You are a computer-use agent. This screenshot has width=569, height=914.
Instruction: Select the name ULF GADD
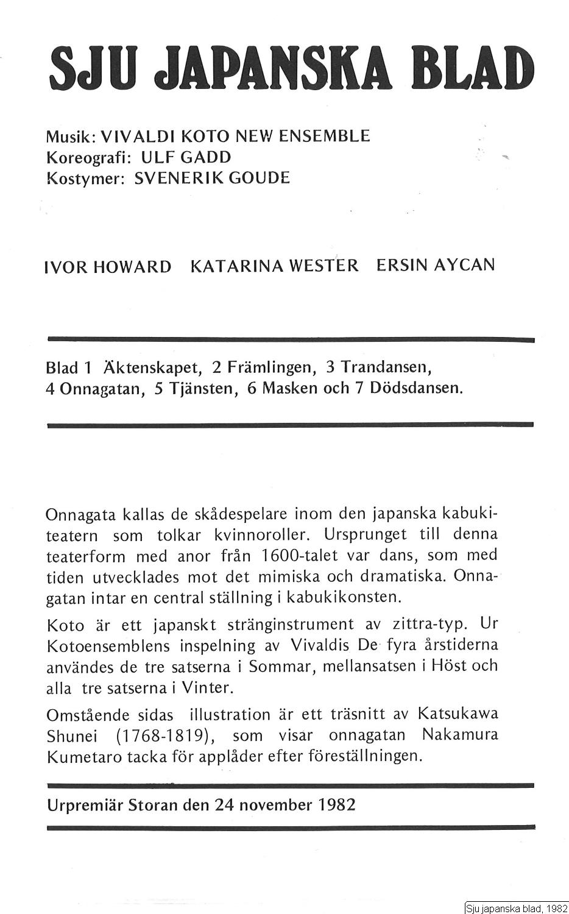pyautogui.click(x=186, y=157)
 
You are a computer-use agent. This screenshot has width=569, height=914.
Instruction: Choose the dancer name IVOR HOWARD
pyautogui.click(x=108, y=267)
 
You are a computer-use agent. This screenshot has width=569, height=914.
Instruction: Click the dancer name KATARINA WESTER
pyautogui.click(x=275, y=266)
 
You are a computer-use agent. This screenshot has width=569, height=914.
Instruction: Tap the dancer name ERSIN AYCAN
pyautogui.click(x=436, y=266)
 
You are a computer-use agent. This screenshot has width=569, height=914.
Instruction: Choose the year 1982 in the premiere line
pyautogui.click(x=336, y=804)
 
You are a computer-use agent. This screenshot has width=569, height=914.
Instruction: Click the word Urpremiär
pyautogui.click(x=85, y=805)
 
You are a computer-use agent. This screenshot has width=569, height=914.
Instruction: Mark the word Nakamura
pyautogui.click(x=460, y=735)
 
